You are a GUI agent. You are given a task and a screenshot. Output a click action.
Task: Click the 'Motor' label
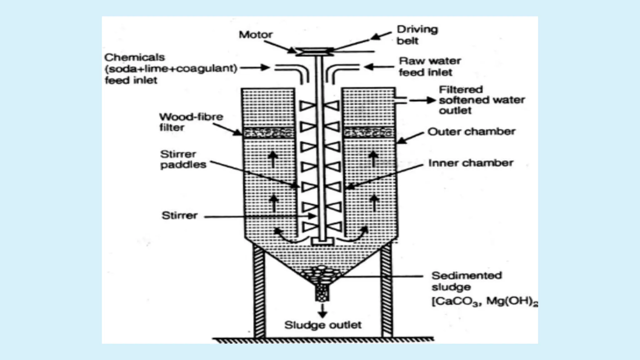point(255,35)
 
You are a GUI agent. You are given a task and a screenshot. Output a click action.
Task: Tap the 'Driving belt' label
point(417,35)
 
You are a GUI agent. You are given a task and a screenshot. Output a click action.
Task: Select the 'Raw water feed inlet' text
point(430,67)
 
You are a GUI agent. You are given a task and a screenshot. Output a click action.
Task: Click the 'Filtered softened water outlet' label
point(481,100)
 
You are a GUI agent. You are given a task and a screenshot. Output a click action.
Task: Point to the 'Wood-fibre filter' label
point(191,122)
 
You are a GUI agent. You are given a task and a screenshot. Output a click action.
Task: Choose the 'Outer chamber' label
point(471,132)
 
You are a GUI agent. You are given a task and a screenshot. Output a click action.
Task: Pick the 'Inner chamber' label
point(470,163)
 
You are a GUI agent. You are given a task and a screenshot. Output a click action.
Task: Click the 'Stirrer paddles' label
point(183,159)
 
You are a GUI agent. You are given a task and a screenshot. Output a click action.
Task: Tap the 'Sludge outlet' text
point(322,325)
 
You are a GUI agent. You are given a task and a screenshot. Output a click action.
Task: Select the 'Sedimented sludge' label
point(466,281)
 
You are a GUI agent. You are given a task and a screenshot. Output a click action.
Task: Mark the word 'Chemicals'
point(134,57)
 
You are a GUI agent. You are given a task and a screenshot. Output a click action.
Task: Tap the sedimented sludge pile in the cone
point(322,275)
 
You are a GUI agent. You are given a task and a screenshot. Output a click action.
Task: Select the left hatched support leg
point(259,291)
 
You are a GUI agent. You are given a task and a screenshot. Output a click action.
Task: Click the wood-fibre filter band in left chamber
point(269,133)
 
